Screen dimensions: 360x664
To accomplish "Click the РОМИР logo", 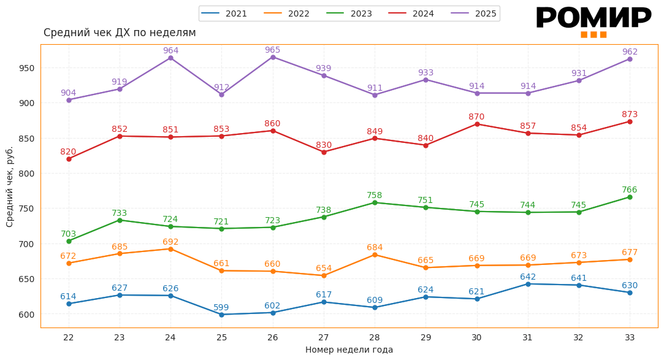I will (593, 20).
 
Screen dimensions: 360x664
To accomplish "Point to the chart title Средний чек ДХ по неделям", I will (120, 33).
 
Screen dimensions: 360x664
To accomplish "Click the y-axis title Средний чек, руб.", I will (10, 186).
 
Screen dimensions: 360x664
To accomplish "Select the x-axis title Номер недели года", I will (349, 350).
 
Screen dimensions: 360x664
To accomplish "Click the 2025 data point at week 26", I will (273, 57).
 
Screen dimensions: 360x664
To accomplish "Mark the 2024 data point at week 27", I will (324, 152).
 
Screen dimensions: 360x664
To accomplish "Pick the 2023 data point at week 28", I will (375, 202).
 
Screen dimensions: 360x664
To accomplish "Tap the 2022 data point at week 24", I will (170, 249).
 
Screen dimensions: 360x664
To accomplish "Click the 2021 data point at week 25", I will (221, 315).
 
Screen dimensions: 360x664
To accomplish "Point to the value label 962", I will (630, 52).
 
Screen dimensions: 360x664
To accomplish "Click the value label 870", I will (476, 117).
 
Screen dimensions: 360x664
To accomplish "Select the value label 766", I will (630, 190).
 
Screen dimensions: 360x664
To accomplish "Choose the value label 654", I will (324, 269).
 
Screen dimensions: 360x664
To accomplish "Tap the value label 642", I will (528, 277).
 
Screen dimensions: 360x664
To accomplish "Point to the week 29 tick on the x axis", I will (425, 337).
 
